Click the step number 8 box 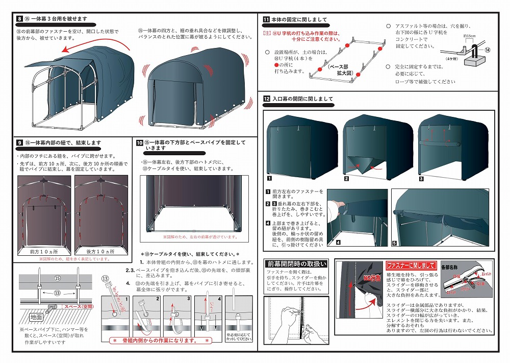point(19,19)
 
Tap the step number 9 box point(19,142)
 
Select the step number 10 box point(139,142)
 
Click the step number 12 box point(266,99)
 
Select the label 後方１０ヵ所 point(100,252)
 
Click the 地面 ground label point(36,317)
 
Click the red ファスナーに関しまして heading point(411,265)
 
